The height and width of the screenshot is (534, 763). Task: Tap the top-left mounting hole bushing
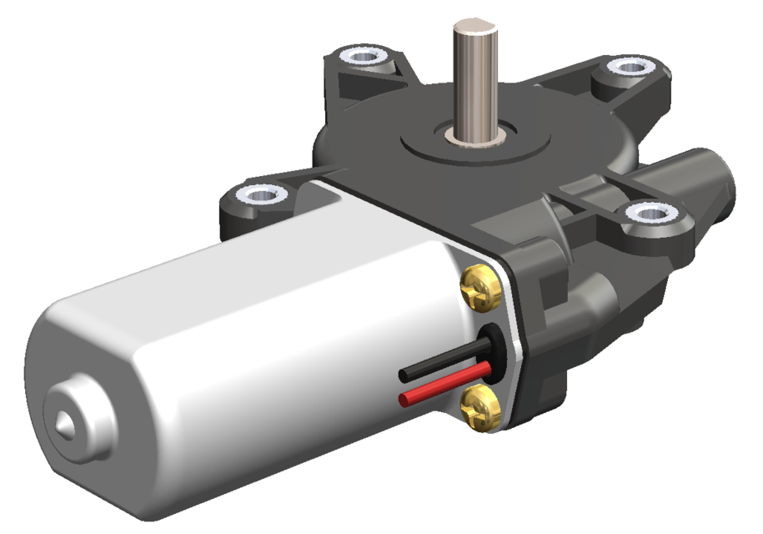point(364,58)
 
